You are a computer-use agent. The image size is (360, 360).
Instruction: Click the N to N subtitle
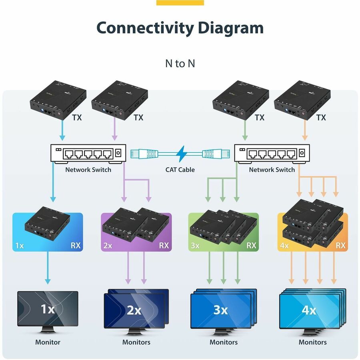[180, 63]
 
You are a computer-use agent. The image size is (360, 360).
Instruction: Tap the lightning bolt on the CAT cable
[180, 153]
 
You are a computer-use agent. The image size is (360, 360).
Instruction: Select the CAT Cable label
[180, 170]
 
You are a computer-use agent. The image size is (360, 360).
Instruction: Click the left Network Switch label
[88, 170]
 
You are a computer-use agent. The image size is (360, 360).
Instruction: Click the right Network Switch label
[272, 170]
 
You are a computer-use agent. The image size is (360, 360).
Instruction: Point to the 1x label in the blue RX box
[19, 245]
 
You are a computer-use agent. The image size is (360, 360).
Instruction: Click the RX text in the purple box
[164, 245]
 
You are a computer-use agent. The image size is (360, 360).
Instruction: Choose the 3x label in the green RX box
[195, 245]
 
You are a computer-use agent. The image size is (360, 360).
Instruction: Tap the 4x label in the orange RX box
[284, 245]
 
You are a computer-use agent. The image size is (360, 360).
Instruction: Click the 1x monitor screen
[48, 309]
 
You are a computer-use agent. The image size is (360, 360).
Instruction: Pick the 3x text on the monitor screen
[220, 310]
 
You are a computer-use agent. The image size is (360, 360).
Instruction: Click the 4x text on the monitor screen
[309, 310]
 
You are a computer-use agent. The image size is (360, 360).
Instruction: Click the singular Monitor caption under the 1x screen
[48, 342]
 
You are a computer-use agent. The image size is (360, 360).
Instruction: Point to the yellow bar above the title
[180, 3]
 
